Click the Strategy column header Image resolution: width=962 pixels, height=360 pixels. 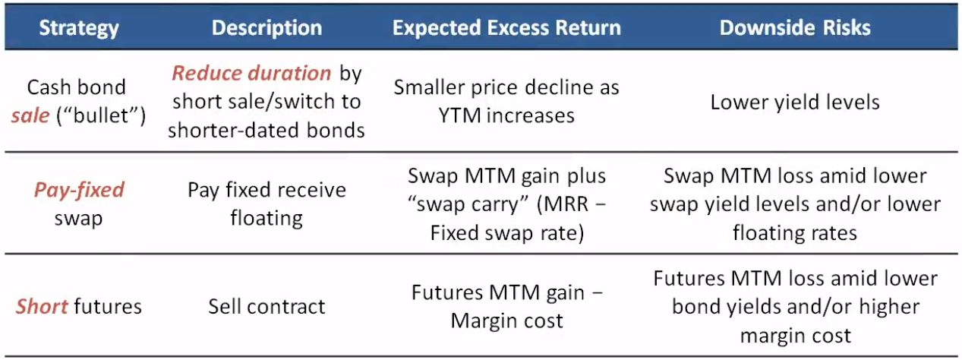79,28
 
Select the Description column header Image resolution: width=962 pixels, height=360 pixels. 267,28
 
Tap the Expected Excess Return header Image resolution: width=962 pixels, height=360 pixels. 506,28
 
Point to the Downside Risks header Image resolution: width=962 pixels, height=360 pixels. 795,28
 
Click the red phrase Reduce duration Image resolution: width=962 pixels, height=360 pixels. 251,73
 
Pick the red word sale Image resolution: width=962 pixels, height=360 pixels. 30,115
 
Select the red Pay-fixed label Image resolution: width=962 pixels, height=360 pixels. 79,190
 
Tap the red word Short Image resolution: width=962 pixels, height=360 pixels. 42,306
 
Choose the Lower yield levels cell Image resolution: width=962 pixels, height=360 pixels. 795,103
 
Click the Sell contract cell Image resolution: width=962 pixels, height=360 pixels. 267,306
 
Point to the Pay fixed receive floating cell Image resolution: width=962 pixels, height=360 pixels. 267,204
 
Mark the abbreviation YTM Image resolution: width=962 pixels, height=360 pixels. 459,115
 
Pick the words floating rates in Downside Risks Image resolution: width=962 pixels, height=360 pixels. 795,233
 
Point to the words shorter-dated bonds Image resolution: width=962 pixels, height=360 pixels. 267,130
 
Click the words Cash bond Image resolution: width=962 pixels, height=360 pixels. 77,87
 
